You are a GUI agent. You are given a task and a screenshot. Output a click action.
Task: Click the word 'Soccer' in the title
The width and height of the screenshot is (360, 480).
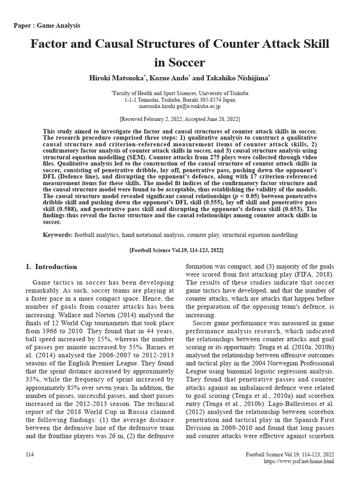pyautogui.click(x=180, y=62)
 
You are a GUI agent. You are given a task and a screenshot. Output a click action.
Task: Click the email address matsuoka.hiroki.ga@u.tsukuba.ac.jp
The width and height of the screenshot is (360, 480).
pyautogui.click(x=180, y=106)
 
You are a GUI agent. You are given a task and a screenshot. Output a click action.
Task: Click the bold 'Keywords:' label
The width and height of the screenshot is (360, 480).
pyautogui.click(x=58, y=234)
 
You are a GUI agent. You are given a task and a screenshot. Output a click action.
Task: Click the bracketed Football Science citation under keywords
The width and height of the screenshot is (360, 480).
pyautogui.click(x=180, y=250)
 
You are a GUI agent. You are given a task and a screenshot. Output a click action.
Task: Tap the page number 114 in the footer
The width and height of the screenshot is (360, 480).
pyautogui.click(x=30, y=455)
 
